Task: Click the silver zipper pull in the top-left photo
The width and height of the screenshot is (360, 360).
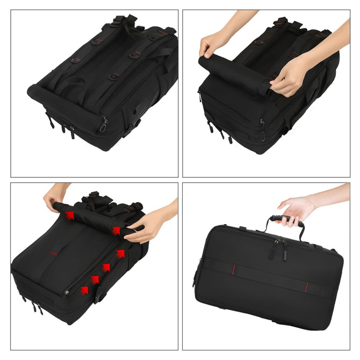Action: pos(104,126)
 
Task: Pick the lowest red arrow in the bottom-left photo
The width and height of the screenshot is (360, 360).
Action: pos(84,290)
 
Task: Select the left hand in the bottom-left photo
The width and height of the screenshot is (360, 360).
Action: pos(55,196)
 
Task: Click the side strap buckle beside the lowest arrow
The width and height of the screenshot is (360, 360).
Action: pos(99,293)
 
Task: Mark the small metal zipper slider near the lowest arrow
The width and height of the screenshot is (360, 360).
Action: pos(66,292)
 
